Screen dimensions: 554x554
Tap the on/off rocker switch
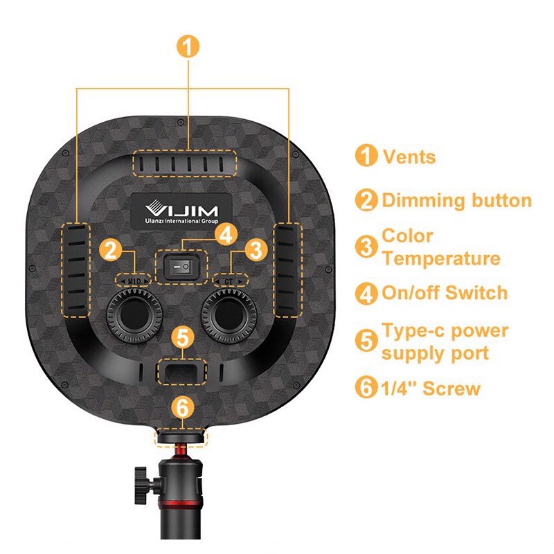coord(181,265)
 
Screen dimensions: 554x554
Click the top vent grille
coord(184,164)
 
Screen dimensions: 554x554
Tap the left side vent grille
coord(78,267)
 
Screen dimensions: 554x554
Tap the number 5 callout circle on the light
coord(181,339)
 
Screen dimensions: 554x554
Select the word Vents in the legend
coord(409,157)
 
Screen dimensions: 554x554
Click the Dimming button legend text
coord(456,201)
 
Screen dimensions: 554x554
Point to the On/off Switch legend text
coord(445,292)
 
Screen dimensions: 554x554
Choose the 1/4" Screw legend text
coord(431,388)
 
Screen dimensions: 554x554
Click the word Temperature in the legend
coord(440,259)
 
